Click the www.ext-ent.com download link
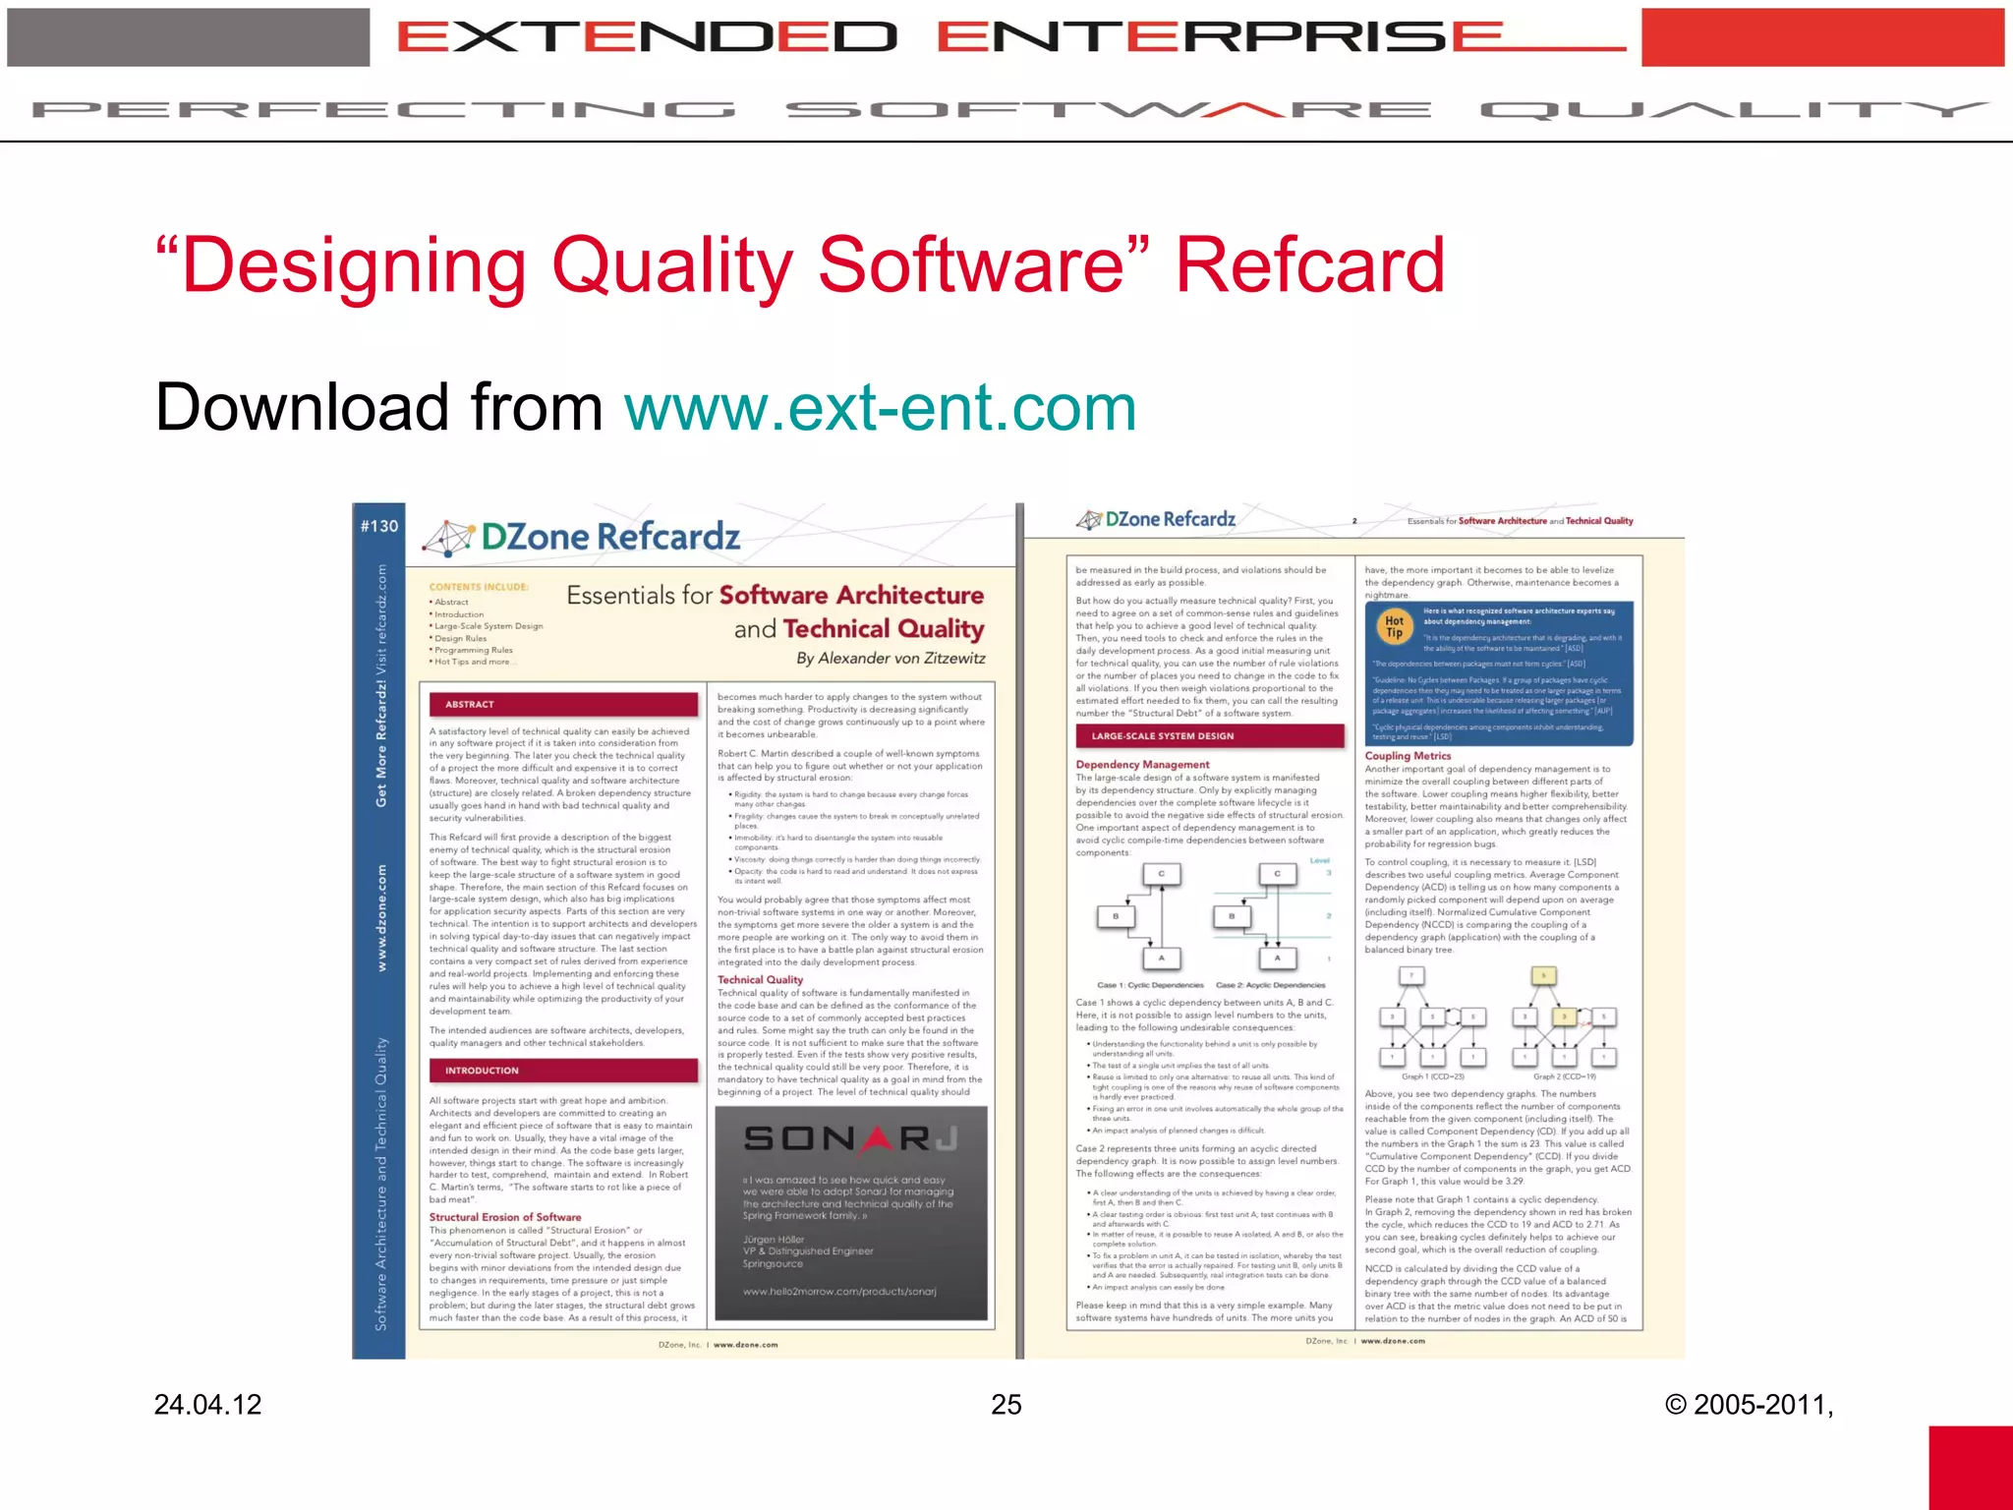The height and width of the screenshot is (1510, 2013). click(880, 408)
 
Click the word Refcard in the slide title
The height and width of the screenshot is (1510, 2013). click(1309, 265)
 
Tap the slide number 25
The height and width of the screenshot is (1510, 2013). click(1006, 1404)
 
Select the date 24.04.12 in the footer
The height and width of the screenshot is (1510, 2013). click(207, 1404)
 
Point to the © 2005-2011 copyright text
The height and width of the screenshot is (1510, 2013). click(1749, 1404)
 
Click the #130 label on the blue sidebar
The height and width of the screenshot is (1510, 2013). click(379, 526)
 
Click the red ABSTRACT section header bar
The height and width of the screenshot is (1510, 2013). click(562, 704)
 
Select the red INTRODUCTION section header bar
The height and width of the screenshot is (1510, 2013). click(562, 1071)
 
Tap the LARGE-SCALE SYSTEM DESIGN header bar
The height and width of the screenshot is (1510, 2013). click(1209, 735)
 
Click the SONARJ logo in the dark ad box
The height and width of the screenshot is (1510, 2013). click(850, 1138)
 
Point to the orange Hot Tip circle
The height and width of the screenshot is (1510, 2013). click(1394, 626)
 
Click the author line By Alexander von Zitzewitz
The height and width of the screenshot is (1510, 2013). click(890, 658)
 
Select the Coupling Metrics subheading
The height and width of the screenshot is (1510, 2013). click(1408, 756)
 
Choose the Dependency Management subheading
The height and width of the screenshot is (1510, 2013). click(1142, 764)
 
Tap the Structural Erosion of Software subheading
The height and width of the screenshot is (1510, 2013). click(504, 1217)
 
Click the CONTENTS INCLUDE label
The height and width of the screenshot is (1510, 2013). click(479, 587)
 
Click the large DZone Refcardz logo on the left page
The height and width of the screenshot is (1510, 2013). click(582, 537)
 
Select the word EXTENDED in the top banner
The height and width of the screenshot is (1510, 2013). click(647, 37)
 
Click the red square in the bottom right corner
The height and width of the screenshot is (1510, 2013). click(1970, 1467)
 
